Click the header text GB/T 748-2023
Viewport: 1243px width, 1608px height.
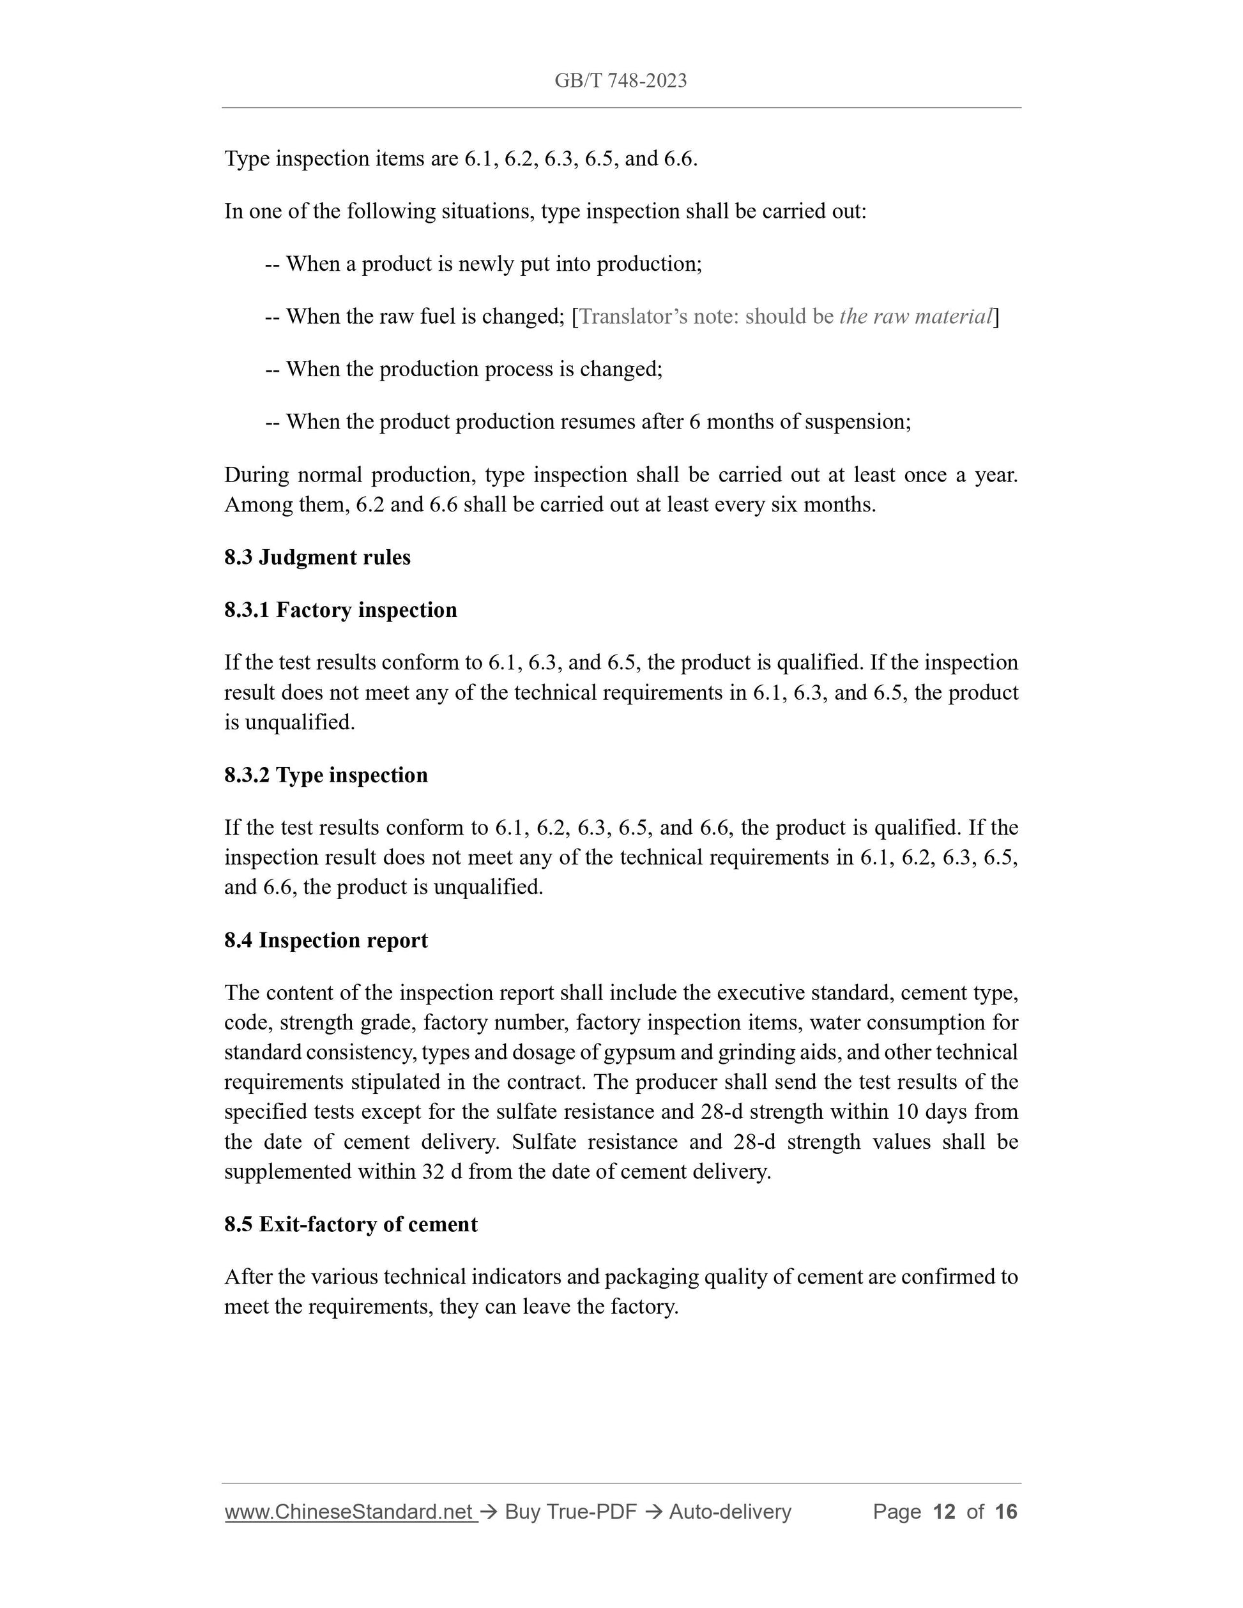(620, 81)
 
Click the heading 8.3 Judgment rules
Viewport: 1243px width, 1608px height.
(317, 557)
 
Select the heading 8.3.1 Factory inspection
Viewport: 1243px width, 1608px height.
(340, 610)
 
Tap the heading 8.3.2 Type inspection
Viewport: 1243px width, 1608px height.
(326, 775)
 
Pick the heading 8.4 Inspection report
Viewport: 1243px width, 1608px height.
(326, 940)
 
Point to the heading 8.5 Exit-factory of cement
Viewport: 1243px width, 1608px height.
(351, 1224)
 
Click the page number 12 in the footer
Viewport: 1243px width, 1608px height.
(943, 1512)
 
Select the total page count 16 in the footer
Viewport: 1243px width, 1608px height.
(1005, 1512)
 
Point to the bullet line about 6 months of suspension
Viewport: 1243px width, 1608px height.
(588, 422)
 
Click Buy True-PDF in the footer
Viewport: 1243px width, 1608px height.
(570, 1512)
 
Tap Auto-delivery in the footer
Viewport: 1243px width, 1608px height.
(729, 1512)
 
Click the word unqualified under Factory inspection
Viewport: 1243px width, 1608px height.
(300, 722)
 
